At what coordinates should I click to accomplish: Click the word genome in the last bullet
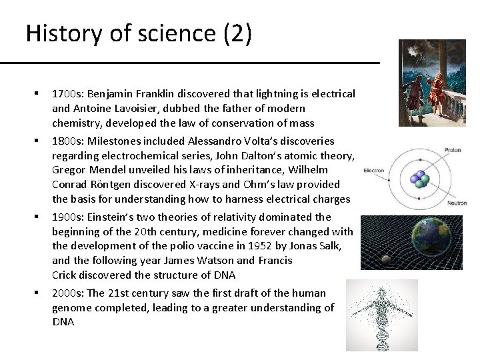coord(71,307)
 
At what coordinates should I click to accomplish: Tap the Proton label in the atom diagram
coord(452,150)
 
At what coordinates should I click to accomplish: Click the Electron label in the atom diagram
coord(374,171)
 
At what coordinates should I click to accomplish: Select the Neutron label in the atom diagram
coord(456,203)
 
